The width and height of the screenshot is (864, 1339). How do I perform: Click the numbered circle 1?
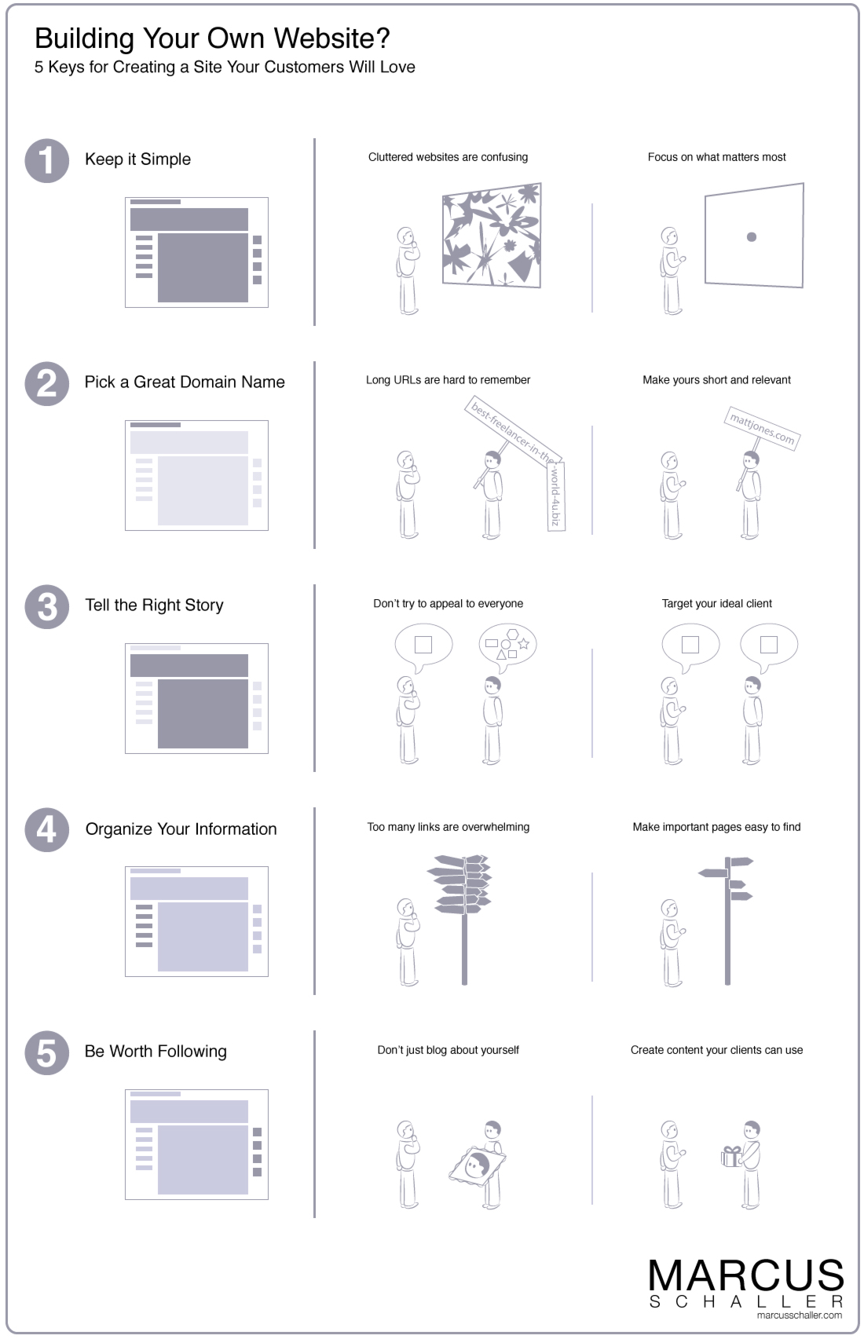coord(47,161)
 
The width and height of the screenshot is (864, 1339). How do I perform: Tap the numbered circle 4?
coord(47,830)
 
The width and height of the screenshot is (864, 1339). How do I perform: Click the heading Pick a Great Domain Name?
coord(185,382)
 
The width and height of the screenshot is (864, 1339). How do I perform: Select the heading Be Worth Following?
coord(156,1052)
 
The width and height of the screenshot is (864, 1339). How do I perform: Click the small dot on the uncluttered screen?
coord(752,236)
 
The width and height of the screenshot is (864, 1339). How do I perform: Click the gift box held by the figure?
coord(731,1156)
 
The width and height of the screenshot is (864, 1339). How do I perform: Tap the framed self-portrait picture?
coord(478,1165)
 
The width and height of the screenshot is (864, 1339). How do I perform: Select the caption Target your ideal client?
coord(716,604)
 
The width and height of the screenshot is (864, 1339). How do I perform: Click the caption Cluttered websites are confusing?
coord(448,157)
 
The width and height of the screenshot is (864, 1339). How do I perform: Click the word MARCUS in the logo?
coord(745,1276)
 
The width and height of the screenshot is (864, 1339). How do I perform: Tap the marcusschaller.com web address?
coord(799,1315)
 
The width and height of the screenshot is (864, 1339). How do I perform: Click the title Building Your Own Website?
coord(212,38)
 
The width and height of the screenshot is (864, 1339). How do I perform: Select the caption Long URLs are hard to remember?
coord(448,380)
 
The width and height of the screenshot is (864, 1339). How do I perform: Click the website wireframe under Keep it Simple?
coord(196,252)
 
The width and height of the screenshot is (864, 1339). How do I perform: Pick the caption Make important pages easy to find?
coord(716,827)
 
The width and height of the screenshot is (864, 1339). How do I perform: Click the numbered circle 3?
coord(47,607)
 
